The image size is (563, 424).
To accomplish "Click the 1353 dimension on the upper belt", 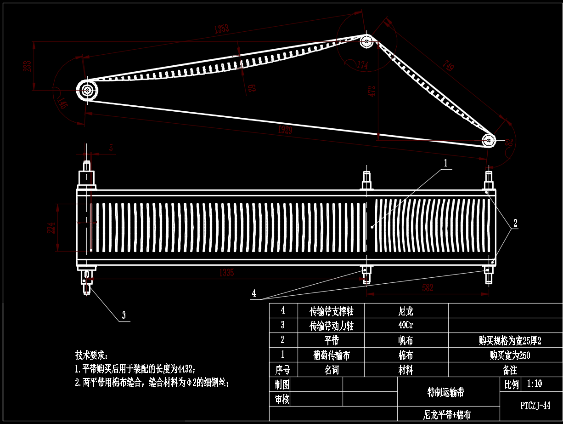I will point(221,29).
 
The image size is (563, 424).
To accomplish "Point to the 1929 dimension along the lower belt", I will point(285,130).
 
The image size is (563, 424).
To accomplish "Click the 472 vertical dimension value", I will point(372,90).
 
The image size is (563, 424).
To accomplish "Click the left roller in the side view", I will point(87,90).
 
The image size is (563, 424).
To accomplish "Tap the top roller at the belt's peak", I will point(366,41).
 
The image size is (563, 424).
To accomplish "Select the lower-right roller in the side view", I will point(489,139).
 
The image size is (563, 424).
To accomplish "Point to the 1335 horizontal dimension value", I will point(226,273).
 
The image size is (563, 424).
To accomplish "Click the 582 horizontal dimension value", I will point(428,288).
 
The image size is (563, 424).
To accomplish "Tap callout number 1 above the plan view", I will point(445,163).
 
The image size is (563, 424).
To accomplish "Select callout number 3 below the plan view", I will point(124,315).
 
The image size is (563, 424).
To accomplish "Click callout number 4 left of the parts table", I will point(254,293).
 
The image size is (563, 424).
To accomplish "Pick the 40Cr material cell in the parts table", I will point(406,326).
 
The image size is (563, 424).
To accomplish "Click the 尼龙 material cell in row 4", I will point(406,311).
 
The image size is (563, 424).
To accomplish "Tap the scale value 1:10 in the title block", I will point(534,384).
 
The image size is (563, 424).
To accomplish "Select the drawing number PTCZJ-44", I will point(535,406).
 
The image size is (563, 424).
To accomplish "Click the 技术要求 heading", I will point(91,355).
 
